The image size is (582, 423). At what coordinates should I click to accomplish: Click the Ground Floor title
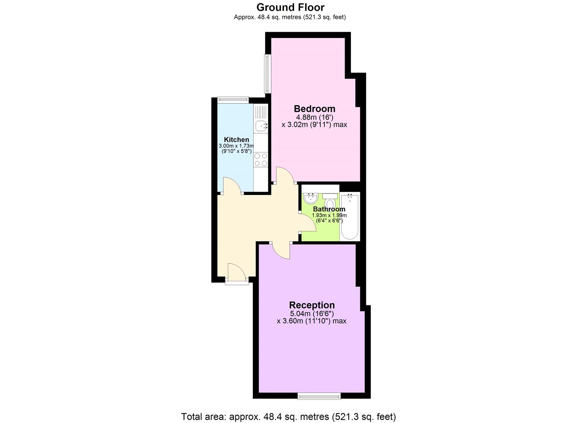tap(290, 7)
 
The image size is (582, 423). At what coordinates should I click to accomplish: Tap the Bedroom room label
tap(314, 108)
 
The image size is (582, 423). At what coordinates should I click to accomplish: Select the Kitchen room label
tap(237, 140)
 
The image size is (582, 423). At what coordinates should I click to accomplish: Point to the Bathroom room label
tap(329, 209)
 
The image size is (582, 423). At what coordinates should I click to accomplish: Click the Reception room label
tap(312, 305)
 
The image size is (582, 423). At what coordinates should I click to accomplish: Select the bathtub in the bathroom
tap(350, 216)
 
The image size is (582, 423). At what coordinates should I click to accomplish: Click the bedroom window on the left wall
tap(267, 74)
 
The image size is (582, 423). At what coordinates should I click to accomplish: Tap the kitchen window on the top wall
tap(233, 98)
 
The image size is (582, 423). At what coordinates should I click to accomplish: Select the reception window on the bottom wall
tap(319, 403)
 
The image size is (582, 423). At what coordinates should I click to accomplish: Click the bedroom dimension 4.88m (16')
tap(314, 117)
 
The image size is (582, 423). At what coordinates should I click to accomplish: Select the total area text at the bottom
tap(289, 416)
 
